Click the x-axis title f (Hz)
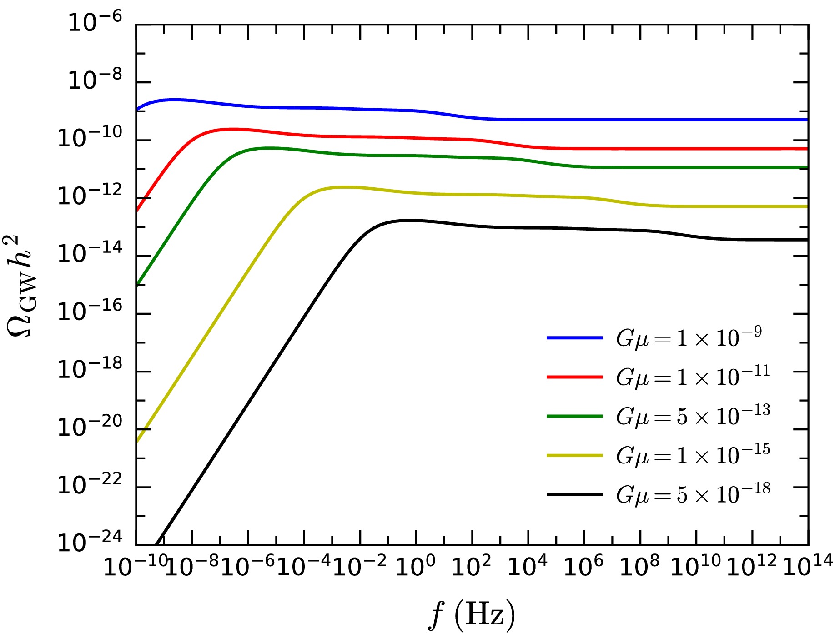pyautogui.click(x=472, y=614)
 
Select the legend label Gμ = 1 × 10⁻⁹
pyautogui.click(x=689, y=337)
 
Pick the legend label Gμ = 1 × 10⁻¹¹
pyautogui.click(x=693, y=377)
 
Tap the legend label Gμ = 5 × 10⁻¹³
pyautogui.click(x=693, y=416)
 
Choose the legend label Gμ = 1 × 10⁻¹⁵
pyautogui.click(x=693, y=455)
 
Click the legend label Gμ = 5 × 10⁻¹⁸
pyautogui.click(x=693, y=494)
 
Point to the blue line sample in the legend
pyautogui.click(x=574, y=338)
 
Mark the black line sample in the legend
pyautogui.click(x=574, y=494)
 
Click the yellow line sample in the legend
pyautogui.click(x=574, y=455)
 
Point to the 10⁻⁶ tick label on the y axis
pyautogui.click(x=95, y=22)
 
